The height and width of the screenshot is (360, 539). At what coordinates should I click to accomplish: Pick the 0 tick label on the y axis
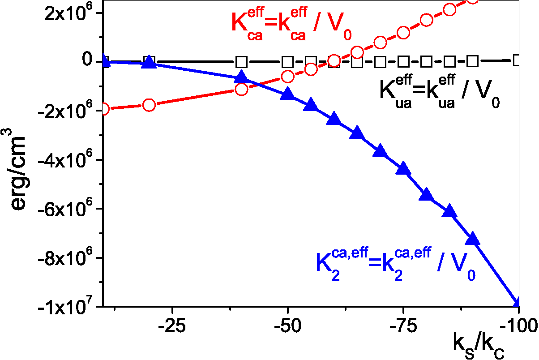point(88,61)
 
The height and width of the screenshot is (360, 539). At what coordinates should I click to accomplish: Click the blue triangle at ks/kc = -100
point(518,303)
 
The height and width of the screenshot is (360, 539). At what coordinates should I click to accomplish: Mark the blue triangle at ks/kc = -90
point(472,239)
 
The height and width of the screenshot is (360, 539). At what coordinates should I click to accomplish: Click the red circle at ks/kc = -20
point(149,105)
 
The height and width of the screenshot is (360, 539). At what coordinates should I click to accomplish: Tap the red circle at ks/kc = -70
point(380,43)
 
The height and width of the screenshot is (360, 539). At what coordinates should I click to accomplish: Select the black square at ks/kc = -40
point(242,61)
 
